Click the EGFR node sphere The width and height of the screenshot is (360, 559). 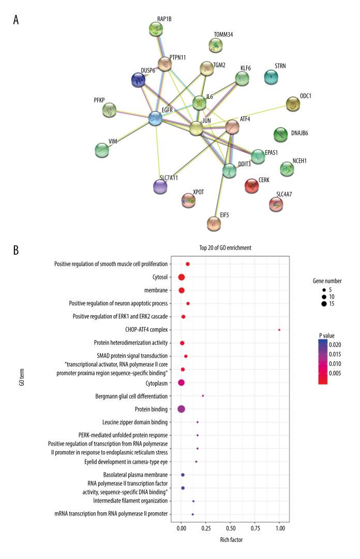pos(155,119)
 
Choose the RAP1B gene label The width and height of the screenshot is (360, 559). pos(163,19)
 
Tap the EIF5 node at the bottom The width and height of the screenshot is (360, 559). pos(214,224)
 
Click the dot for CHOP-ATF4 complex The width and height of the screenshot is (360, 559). pos(279,330)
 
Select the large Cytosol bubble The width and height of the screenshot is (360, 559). pos(181,277)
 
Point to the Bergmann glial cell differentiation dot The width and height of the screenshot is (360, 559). pos(203,395)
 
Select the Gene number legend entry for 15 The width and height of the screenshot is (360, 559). pos(324,304)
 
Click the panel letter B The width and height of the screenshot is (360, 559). pos(17,249)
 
